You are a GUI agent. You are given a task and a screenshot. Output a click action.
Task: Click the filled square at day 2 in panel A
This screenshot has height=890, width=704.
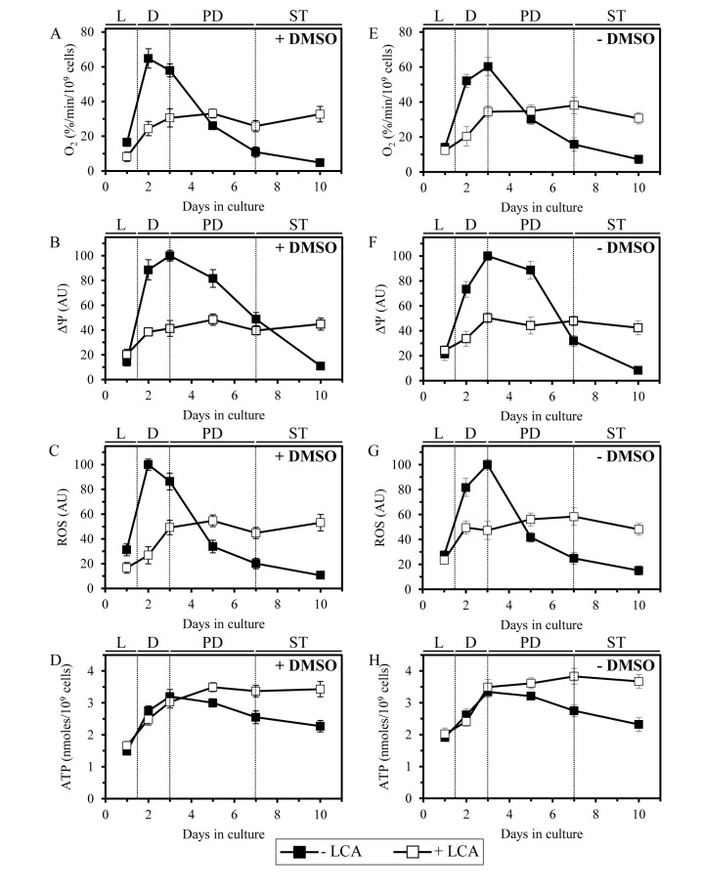[149, 59]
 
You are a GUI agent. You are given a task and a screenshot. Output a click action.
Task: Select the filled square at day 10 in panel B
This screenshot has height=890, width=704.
[320, 366]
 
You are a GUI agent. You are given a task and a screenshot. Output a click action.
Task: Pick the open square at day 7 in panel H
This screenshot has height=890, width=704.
[574, 676]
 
